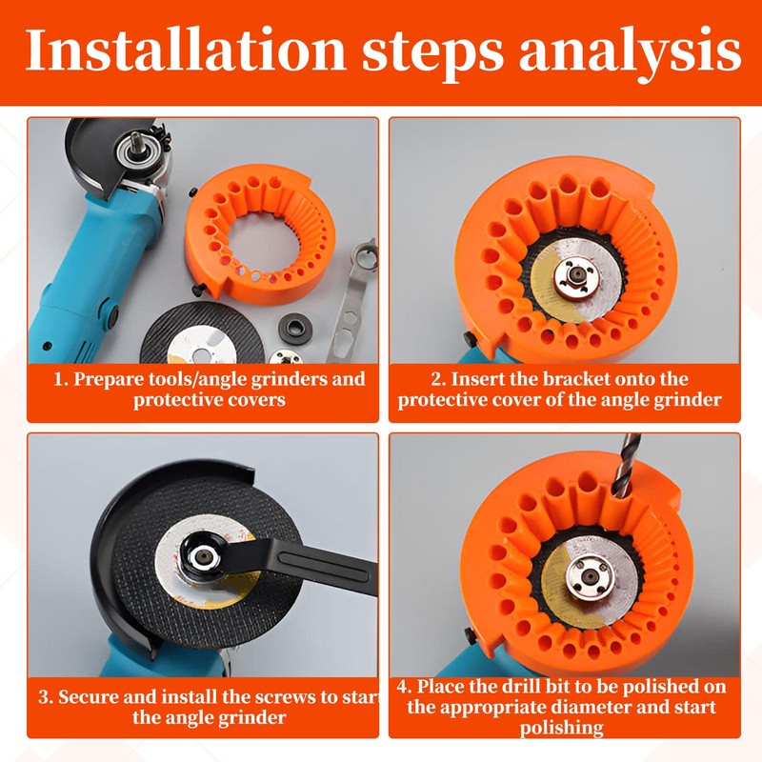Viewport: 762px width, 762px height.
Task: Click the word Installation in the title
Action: pyautogui.click(x=185, y=50)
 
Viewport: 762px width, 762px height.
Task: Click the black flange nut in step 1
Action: pyautogui.click(x=294, y=328)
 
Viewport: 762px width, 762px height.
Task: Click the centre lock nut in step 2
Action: pyautogui.click(x=576, y=276)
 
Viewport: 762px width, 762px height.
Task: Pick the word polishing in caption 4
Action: pyautogui.click(x=562, y=728)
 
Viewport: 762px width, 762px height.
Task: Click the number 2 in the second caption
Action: pyautogui.click(x=436, y=378)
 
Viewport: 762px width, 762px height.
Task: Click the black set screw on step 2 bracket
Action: pyautogui.click(x=470, y=339)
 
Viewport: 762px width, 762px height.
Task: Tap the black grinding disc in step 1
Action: pyautogui.click(x=202, y=332)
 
